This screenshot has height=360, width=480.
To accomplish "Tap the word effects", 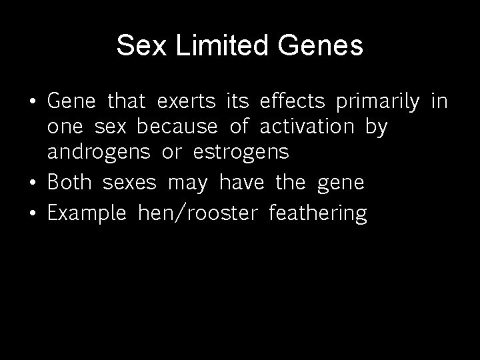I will [x=292, y=102].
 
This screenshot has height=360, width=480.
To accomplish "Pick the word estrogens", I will [x=241, y=153].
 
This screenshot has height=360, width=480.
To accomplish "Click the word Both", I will [x=70, y=183].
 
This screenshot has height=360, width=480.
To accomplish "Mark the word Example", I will [x=87, y=214].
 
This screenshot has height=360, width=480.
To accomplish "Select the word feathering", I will [x=317, y=214].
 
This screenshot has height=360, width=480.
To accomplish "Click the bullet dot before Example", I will [x=34, y=214].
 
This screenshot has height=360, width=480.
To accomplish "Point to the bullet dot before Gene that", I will [x=34, y=103].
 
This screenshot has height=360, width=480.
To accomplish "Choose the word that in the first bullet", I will [x=126, y=102].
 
